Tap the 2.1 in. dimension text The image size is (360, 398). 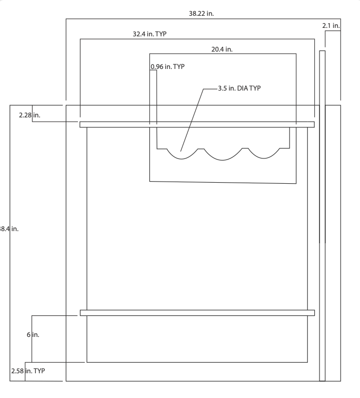click(x=331, y=25)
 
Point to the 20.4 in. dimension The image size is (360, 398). click(x=222, y=49)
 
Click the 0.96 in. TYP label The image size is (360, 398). click(x=168, y=67)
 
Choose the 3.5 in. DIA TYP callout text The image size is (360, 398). click(x=239, y=88)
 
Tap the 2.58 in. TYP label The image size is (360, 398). click(x=28, y=371)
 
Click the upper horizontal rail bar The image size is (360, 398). click(x=197, y=125)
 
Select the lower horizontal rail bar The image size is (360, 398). click(x=197, y=313)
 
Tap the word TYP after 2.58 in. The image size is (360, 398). click(x=39, y=371)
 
